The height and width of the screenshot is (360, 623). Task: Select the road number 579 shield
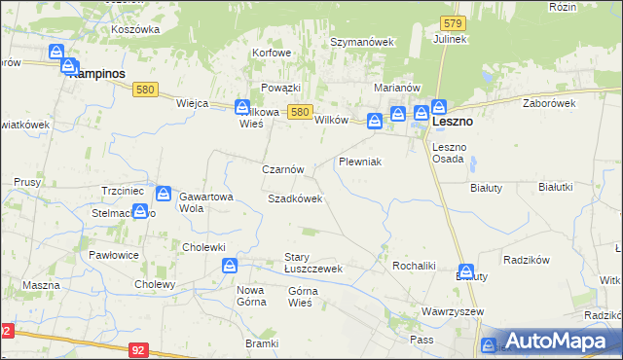pos(450,21)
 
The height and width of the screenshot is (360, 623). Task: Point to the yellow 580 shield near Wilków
pos(301,113)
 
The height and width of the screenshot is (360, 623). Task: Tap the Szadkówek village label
pos(295,198)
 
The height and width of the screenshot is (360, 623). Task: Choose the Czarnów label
pos(283,169)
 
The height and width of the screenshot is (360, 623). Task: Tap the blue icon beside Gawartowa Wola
pos(164,194)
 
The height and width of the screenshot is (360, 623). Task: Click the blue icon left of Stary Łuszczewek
pos(229,265)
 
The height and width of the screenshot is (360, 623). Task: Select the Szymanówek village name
pos(361,43)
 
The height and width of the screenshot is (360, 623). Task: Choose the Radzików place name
pos(527,260)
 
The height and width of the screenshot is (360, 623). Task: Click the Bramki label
pos(262,344)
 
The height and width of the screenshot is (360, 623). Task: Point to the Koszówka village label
pos(135,29)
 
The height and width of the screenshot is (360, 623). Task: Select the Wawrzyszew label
pos(447,311)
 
